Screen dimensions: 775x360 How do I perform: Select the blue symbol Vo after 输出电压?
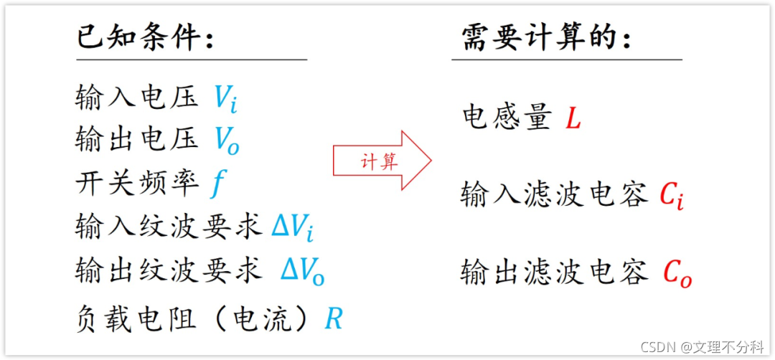click(x=227, y=141)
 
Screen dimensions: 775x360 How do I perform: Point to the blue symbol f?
click(x=217, y=184)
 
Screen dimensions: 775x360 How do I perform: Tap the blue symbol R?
click(x=334, y=318)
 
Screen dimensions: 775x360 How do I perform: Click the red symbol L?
click(x=573, y=118)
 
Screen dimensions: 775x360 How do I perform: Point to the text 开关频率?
click(x=136, y=184)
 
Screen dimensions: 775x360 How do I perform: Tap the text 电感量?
click(x=506, y=118)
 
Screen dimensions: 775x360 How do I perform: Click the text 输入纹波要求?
click(x=168, y=227)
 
